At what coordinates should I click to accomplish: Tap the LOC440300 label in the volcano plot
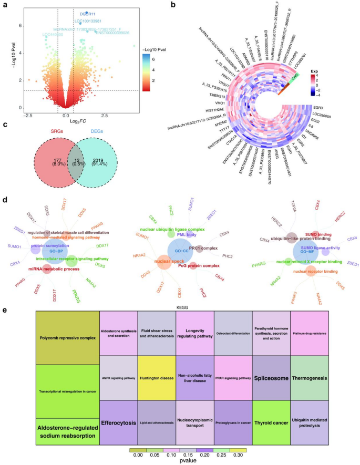(x=53, y=34)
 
